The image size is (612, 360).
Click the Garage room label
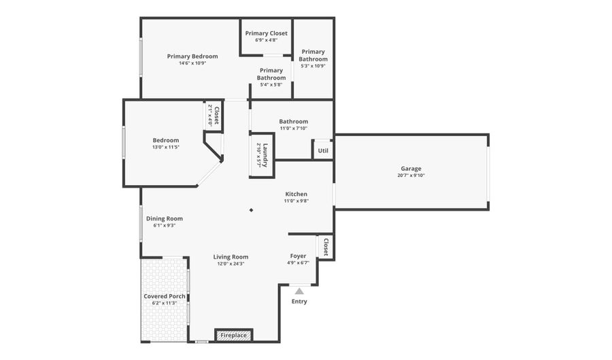(411, 168)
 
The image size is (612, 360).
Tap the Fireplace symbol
(234, 336)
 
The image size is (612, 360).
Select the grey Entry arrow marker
(299, 291)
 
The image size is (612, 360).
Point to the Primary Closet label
(267, 33)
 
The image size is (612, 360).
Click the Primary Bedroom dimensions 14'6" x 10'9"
(192, 63)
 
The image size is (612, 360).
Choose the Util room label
(323, 150)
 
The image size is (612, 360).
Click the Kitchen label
(296, 194)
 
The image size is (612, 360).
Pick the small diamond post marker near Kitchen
(251, 210)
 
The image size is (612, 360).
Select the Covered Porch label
(165, 296)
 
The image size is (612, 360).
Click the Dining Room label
(165, 218)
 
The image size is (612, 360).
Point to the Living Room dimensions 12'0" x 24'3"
(231, 263)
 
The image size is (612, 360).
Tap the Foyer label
(298, 256)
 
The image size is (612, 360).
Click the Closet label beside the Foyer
(326, 246)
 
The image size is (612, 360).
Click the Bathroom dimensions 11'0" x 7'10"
(293, 128)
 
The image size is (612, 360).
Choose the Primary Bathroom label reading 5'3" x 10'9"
(313, 59)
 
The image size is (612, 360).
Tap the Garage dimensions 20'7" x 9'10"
(411, 176)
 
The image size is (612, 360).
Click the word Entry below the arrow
(299, 301)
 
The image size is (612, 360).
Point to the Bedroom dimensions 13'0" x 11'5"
(166, 147)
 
